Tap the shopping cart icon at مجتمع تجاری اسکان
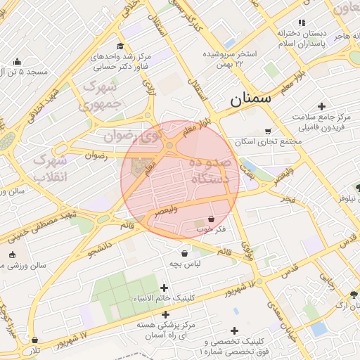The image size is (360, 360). pyautogui.click(x=268, y=131)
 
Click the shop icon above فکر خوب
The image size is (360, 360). pyautogui.click(x=211, y=219)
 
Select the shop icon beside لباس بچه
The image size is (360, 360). pyautogui.click(x=184, y=254)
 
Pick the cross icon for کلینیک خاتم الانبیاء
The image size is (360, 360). pyautogui.click(x=164, y=288)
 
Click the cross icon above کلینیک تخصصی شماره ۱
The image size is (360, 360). pyautogui.click(x=234, y=330)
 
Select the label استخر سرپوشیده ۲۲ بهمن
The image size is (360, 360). pyautogui.click(x=231, y=58)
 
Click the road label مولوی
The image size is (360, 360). pyautogui.click(x=247, y=248)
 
